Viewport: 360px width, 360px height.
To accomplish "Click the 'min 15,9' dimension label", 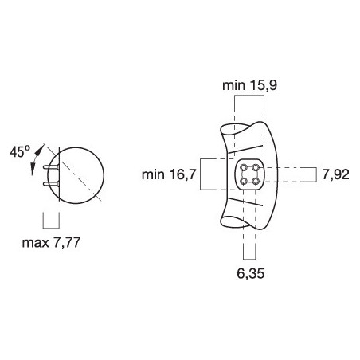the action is [249, 85].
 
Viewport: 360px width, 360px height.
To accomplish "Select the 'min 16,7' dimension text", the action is [169, 174].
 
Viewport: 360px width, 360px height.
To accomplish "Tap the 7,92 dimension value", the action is [335, 174].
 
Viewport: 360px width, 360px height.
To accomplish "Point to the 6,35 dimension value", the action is [251, 273].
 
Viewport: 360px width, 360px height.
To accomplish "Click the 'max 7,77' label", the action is [51, 243].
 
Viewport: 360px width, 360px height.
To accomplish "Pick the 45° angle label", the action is [20, 151].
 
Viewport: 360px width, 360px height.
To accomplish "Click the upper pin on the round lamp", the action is [51, 166].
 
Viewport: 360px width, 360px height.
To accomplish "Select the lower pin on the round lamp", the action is [51, 184].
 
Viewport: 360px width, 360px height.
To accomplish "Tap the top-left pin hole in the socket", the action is [243, 167].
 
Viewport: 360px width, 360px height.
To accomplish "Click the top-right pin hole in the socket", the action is [256, 167].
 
